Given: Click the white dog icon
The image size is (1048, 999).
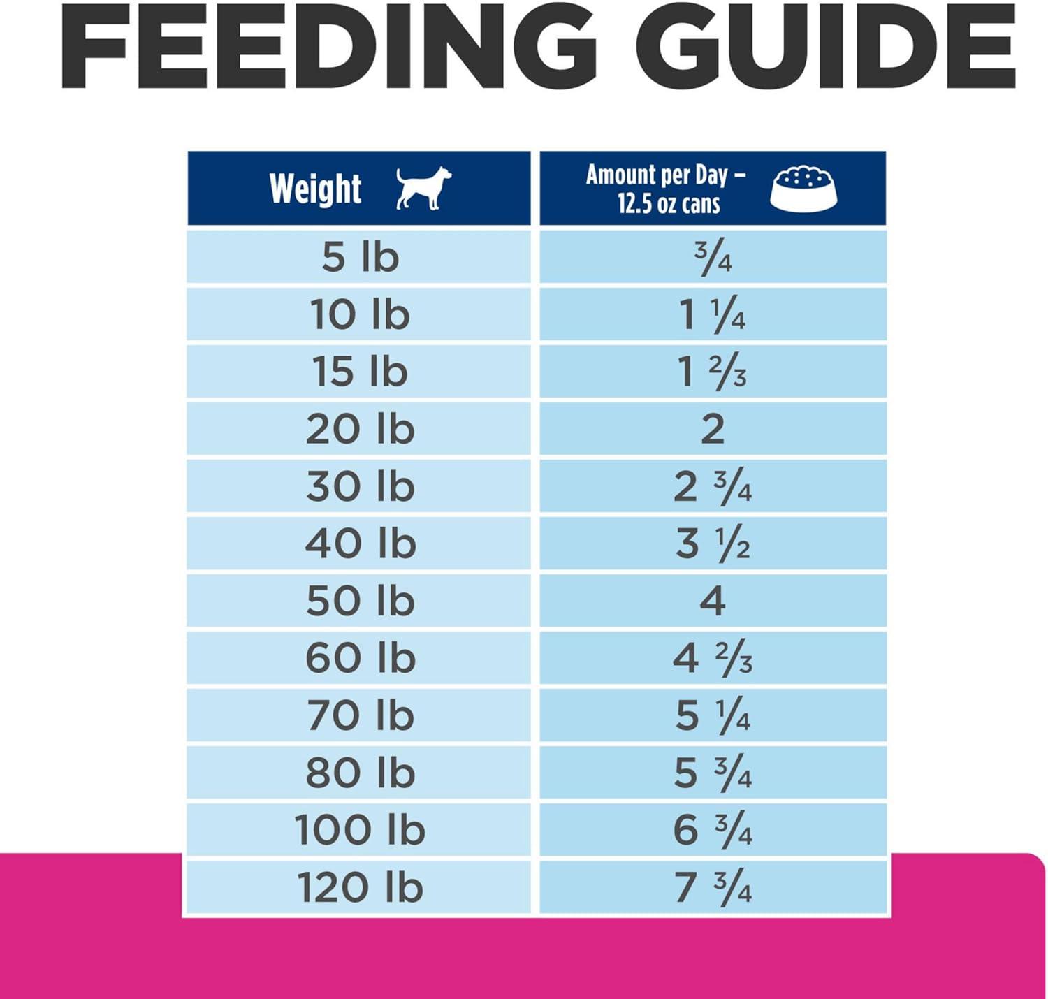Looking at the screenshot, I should (423, 188).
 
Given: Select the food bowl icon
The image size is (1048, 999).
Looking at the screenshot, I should (803, 189).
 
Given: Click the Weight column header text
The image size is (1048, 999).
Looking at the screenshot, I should (315, 189).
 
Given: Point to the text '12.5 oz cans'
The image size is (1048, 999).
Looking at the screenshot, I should (668, 204).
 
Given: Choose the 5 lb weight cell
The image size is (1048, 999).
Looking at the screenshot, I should (360, 257).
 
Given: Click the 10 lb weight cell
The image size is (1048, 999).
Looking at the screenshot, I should (360, 314).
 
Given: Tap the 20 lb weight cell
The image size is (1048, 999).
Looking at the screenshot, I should (360, 429).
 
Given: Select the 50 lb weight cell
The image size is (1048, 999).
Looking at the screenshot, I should (360, 601).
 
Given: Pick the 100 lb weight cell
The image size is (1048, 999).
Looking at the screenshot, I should (360, 830).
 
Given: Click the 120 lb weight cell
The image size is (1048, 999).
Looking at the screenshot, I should (360, 887).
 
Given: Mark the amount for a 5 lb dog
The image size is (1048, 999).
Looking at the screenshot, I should (713, 258).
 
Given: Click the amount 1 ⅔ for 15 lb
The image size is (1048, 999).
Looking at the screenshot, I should (713, 372).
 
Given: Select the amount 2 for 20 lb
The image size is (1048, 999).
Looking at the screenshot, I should (713, 429).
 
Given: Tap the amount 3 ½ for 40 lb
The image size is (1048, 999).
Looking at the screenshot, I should (713, 544).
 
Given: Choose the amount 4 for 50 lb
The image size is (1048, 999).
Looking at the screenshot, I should (713, 601).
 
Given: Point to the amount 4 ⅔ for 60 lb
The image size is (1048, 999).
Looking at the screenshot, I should (713, 658).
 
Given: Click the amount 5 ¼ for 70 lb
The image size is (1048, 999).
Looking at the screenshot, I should (713, 715).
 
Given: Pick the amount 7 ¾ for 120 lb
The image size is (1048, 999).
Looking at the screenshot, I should (713, 887).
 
